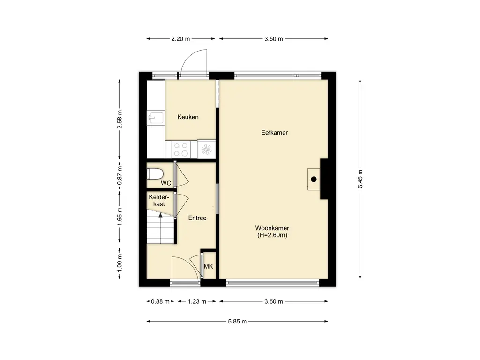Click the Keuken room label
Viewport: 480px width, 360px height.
[188, 117]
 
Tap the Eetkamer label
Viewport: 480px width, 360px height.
[274, 133]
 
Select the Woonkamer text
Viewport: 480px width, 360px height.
[272, 228]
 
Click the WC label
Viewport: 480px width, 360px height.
[166, 183]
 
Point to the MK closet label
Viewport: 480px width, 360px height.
[209, 266]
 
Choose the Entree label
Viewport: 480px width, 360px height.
[197, 218]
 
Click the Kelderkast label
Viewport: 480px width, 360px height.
[159, 201]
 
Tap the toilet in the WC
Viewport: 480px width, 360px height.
[155, 174]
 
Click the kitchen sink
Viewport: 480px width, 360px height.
[156, 117]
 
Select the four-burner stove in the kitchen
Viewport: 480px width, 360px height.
[181, 150]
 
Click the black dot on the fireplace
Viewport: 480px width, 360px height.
[314, 180]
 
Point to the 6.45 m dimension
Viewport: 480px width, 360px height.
[360, 179]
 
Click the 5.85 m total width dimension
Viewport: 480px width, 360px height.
[237, 322]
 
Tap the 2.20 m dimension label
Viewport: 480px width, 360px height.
[180, 39]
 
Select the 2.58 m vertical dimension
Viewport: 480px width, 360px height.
[120, 120]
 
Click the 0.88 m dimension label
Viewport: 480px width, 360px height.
[160, 301]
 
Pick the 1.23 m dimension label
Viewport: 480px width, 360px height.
[197, 301]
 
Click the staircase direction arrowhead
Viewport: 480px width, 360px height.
[160, 215]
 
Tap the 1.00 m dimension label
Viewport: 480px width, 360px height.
[120, 263]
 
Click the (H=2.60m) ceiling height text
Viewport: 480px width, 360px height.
[272, 235]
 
